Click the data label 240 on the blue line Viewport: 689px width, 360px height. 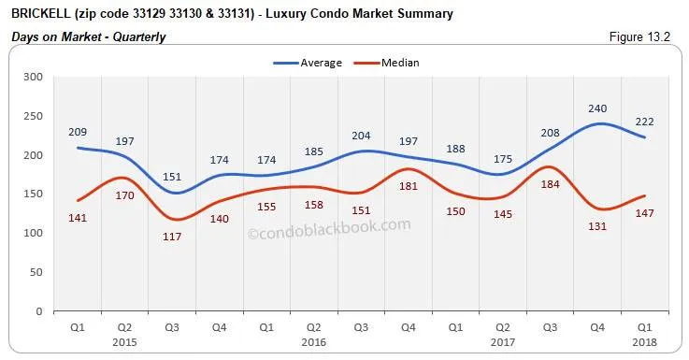pos(597,108)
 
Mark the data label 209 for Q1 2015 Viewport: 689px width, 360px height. pos(78,132)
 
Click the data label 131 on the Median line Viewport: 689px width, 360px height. pos(597,225)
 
